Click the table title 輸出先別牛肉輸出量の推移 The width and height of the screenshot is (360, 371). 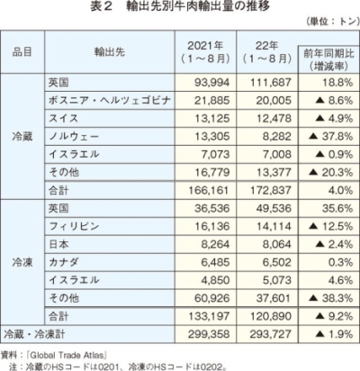click(x=198, y=6)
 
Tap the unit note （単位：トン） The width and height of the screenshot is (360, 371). click(x=332, y=22)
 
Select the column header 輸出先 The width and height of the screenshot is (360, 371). click(x=110, y=52)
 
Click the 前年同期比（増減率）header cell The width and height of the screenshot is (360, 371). click(x=328, y=59)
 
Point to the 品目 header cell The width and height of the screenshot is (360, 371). click(x=22, y=52)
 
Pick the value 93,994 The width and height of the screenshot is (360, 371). click(x=211, y=82)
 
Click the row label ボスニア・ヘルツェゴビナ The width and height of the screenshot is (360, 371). click(x=110, y=100)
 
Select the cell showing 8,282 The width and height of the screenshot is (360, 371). click(x=276, y=136)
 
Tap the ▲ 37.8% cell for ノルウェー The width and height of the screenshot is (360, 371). click(x=330, y=136)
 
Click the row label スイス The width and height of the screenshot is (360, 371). click(x=64, y=118)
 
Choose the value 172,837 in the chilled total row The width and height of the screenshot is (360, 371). click(x=271, y=190)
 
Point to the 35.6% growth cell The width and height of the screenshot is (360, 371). click(x=337, y=208)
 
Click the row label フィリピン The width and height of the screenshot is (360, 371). click(x=74, y=226)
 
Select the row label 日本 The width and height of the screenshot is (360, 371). click(x=58, y=244)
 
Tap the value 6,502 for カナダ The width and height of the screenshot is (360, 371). click(x=276, y=262)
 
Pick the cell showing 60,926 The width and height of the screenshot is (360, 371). click(x=211, y=298)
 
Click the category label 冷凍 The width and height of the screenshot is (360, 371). click(x=22, y=262)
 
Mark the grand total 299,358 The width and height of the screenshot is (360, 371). click(x=209, y=334)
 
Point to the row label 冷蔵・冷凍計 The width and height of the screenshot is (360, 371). click(x=34, y=334)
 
